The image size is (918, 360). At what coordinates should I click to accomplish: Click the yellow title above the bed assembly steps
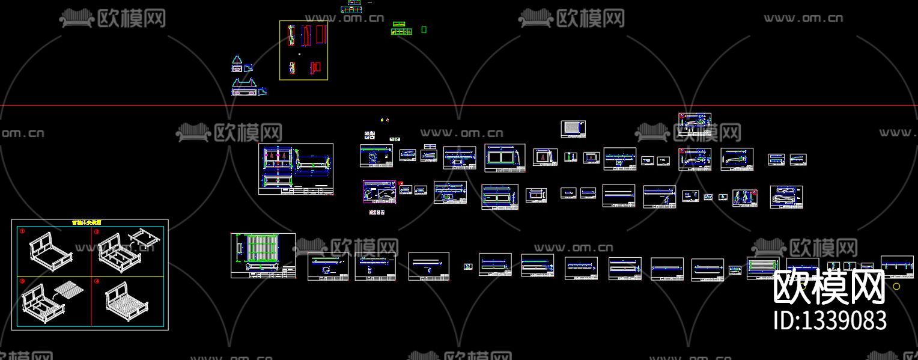coord(87,222)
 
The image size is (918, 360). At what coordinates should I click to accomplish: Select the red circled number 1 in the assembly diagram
coord(22,231)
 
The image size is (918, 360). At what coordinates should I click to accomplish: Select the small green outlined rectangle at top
coord(424,29)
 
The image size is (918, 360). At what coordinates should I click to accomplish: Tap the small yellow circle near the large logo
coord(896,287)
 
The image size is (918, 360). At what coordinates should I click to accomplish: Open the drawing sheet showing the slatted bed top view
coord(263,255)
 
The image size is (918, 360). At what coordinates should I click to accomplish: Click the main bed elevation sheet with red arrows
coord(296,169)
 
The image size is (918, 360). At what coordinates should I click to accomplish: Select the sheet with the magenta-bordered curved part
coord(379,192)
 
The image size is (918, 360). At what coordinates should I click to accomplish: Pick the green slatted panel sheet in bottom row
coord(763,267)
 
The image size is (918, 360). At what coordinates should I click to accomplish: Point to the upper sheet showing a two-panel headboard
coord(505,157)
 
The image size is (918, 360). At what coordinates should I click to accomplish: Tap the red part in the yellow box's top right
coord(320,34)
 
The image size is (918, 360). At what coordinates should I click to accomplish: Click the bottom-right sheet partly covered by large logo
coord(897,266)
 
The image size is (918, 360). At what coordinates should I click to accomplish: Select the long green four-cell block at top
coord(401,31)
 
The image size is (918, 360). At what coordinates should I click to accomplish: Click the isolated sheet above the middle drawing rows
coord(573,129)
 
